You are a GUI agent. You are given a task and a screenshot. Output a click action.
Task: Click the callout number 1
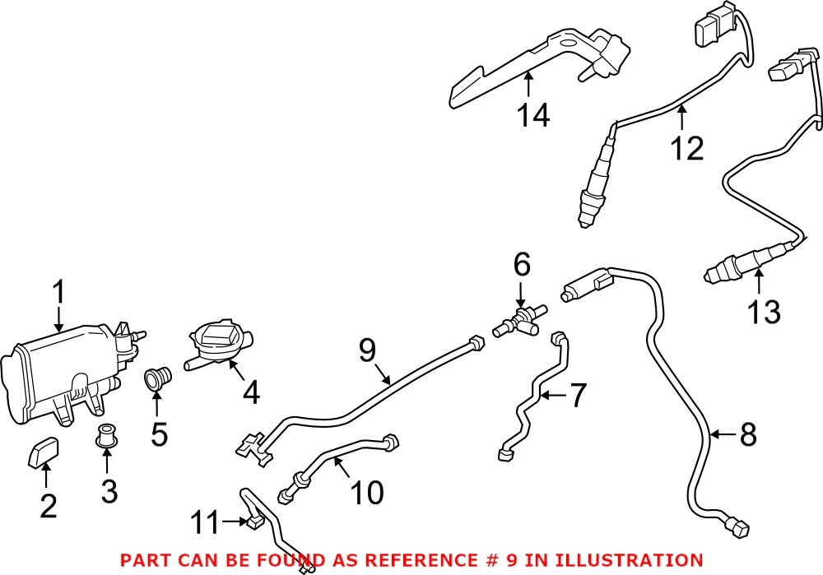coord(58,293)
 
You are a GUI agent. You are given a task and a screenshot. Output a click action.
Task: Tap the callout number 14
coord(533,115)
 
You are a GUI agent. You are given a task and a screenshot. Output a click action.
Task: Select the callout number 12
coord(686,148)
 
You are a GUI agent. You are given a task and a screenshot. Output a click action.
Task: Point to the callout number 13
coord(764,312)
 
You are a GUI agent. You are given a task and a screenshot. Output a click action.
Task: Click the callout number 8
coord(747,435)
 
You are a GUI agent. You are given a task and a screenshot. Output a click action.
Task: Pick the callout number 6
coord(522,265)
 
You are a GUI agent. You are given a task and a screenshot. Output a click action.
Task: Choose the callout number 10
coord(366,493)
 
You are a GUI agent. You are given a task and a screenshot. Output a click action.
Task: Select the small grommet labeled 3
coord(105,437)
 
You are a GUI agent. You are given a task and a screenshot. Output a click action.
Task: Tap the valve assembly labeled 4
coord(220,346)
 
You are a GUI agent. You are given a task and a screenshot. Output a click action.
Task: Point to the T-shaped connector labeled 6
coord(518,322)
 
